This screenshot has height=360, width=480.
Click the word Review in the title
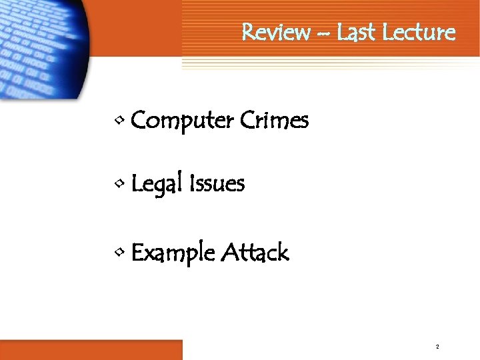click(x=275, y=32)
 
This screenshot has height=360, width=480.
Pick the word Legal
click(x=159, y=184)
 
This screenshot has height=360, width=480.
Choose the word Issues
click(x=217, y=183)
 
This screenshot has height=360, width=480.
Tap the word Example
click(x=173, y=254)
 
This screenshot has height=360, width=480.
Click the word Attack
click(x=255, y=253)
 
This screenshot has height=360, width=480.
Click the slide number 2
click(x=437, y=347)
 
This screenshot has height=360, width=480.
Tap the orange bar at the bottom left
click(x=91, y=349)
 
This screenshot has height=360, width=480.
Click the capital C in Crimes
click(x=245, y=121)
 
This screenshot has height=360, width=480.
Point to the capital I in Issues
click(x=193, y=183)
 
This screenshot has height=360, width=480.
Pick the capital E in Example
click(x=138, y=253)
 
